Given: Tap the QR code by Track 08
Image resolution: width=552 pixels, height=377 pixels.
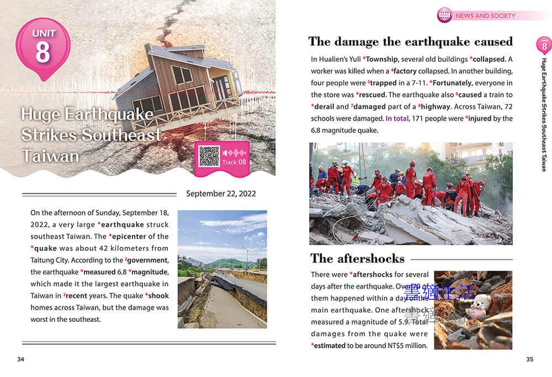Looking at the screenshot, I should click(x=209, y=157).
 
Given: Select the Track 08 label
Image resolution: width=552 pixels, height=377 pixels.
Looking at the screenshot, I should click(x=234, y=162).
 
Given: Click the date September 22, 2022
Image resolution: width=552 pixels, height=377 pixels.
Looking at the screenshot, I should click(x=221, y=193).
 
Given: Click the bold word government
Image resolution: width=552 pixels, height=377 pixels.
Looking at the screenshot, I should click(x=147, y=260).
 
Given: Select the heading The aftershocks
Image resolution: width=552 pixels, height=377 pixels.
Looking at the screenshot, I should click(x=357, y=258).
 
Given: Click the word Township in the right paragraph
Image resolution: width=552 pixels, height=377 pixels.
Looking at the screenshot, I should click(x=381, y=59).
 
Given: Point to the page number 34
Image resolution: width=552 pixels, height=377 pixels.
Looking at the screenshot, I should click(x=20, y=359).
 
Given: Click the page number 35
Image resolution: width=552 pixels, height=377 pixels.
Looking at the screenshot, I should click(x=529, y=359).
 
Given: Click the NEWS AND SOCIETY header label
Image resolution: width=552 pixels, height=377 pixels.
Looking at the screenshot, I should click(x=485, y=16).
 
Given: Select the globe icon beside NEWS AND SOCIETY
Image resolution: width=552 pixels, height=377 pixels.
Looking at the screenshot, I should click(x=444, y=15).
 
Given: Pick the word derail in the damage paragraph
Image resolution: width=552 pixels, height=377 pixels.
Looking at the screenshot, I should click(x=323, y=106).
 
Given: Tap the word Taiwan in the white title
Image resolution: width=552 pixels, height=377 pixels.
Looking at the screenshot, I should click(x=50, y=156).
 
